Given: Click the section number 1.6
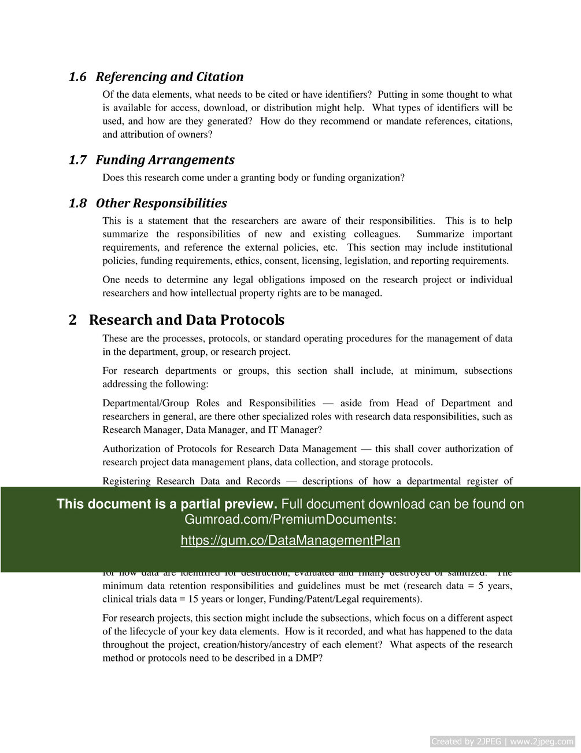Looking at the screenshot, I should click(77, 77).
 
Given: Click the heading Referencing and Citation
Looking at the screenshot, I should click(169, 77).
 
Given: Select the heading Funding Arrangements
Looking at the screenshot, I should click(165, 160).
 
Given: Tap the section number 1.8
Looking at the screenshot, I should click(77, 203).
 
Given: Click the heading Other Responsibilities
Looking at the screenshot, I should click(161, 203).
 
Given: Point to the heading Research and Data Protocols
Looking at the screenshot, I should click(186, 320).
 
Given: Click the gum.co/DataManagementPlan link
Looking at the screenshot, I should click(290, 541).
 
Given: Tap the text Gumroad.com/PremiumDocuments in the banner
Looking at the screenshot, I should click(290, 520).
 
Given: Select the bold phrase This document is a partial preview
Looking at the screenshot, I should click(166, 504).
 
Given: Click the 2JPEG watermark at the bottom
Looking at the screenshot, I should click(502, 741).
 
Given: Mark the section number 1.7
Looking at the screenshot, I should click(77, 160).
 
